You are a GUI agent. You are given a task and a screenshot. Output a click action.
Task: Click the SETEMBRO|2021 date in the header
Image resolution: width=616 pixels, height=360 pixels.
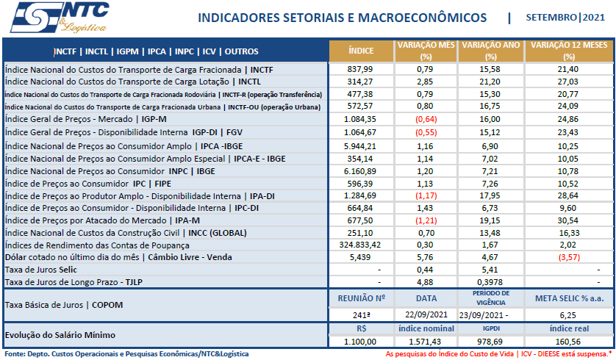[x=567, y=17]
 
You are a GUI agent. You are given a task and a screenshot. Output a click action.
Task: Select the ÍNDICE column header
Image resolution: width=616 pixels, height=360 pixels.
[x=360, y=51]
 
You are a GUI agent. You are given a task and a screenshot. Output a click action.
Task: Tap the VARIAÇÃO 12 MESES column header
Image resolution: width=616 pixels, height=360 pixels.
[x=568, y=51]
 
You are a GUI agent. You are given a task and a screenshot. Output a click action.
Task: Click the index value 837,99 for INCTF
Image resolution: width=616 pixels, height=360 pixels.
[x=360, y=69]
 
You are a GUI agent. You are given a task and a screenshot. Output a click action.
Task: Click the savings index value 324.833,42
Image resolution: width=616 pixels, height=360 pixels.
[x=360, y=245]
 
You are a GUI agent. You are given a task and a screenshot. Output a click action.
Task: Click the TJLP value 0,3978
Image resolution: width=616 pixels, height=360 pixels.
[x=490, y=282]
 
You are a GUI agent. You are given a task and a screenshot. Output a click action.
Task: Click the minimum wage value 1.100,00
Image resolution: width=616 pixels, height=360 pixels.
[x=360, y=342]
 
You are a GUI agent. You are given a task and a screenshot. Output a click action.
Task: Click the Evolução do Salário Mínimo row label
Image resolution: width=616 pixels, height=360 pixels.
[x=60, y=335]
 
